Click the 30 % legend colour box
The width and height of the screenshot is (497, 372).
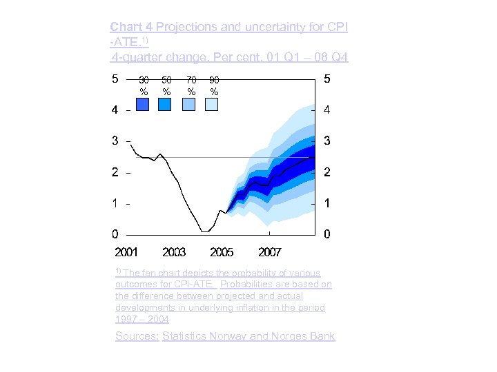(x=143, y=104)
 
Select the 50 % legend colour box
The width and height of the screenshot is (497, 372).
(x=165, y=104)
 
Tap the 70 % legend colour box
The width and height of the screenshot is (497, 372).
(x=189, y=104)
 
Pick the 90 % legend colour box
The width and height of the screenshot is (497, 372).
(x=212, y=104)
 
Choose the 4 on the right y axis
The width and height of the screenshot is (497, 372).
(x=327, y=110)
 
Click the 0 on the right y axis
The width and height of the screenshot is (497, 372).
(x=327, y=234)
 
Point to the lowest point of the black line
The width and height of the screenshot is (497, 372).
(x=204, y=232)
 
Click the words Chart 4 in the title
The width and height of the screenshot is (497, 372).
(x=132, y=27)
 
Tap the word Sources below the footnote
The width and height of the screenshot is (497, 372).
(x=137, y=336)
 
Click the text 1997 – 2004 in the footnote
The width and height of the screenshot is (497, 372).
(x=142, y=320)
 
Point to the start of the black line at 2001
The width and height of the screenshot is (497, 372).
(x=130, y=145)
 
